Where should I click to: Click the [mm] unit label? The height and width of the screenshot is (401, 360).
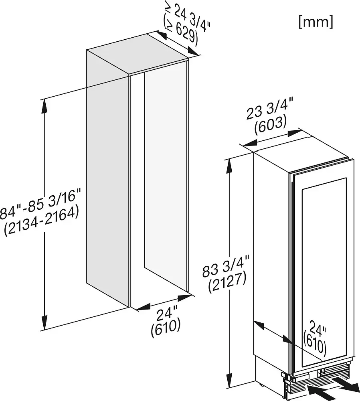click(316, 22)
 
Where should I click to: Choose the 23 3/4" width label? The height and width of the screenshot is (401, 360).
click(268, 109)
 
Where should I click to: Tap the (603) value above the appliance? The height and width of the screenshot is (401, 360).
click(271, 126)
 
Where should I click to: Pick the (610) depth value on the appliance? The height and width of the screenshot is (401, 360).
click(315, 344)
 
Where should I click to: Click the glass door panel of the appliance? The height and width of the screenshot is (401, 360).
click(324, 271)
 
